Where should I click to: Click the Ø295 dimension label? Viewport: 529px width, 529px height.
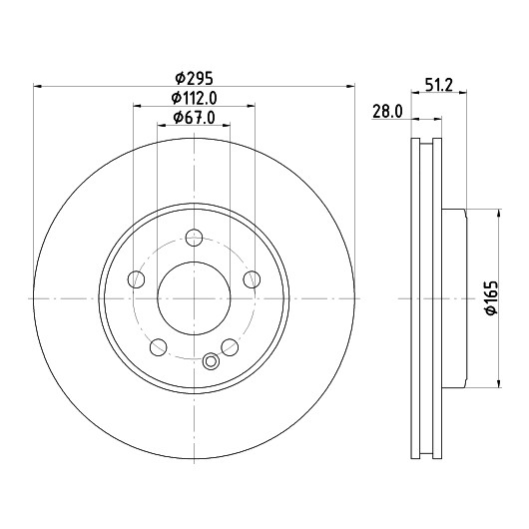point(195,79)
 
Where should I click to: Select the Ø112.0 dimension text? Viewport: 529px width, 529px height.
point(194,98)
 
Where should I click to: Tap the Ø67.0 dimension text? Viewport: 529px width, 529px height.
point(194,118)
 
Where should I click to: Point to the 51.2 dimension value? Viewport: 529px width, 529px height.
point(438,85)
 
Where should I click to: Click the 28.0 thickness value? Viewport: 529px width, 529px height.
point(387,112)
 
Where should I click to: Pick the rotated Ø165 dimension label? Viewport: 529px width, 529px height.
point(492,297)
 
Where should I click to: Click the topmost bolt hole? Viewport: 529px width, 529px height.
point(194,238)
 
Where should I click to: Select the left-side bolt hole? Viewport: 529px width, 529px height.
point(137,279)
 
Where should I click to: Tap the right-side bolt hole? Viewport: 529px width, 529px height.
point(252,279)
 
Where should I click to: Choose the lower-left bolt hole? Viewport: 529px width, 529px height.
point(159,347)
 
